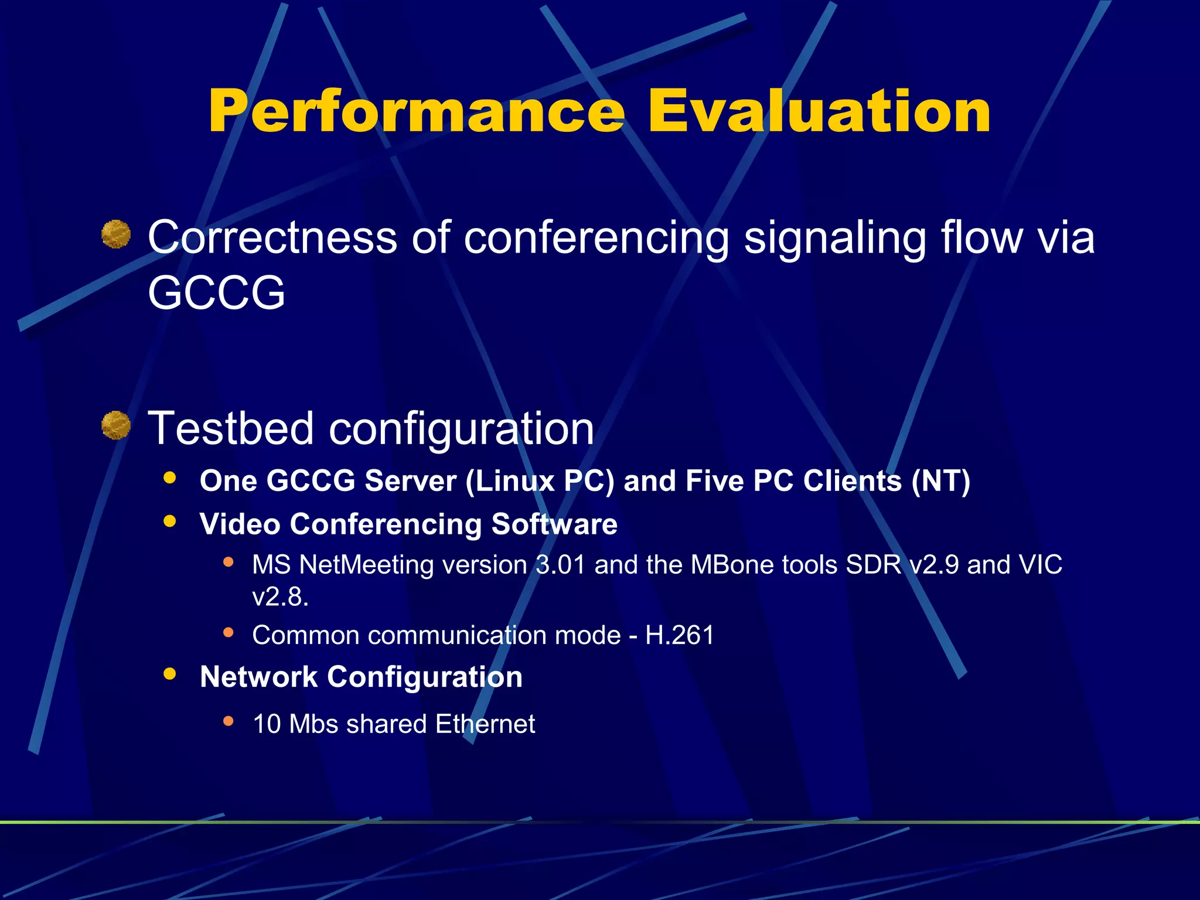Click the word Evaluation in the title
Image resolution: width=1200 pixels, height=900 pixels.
coord(819,111)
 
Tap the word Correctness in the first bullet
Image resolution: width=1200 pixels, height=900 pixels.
coord(272,238)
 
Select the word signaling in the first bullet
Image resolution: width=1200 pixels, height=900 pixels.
coord(835,238)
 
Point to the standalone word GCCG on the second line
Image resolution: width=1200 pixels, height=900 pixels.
coord(216,293)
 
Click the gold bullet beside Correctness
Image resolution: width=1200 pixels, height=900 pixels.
coord(116,234)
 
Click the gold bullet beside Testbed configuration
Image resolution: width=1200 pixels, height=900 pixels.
coord(116,425)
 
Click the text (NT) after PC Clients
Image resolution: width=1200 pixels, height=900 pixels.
coord(941,481)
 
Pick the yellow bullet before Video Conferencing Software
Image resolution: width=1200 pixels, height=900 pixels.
coord(170,521)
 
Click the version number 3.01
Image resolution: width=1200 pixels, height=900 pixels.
coord(561,565)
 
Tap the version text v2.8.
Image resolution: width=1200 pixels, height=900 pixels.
coord(280,597)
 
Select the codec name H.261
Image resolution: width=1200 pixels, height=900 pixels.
coord(680,635)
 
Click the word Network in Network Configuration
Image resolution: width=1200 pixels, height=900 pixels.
coord(258,677)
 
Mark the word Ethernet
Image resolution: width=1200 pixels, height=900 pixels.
coord(485,724)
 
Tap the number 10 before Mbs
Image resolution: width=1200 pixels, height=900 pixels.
coord(267,724)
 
